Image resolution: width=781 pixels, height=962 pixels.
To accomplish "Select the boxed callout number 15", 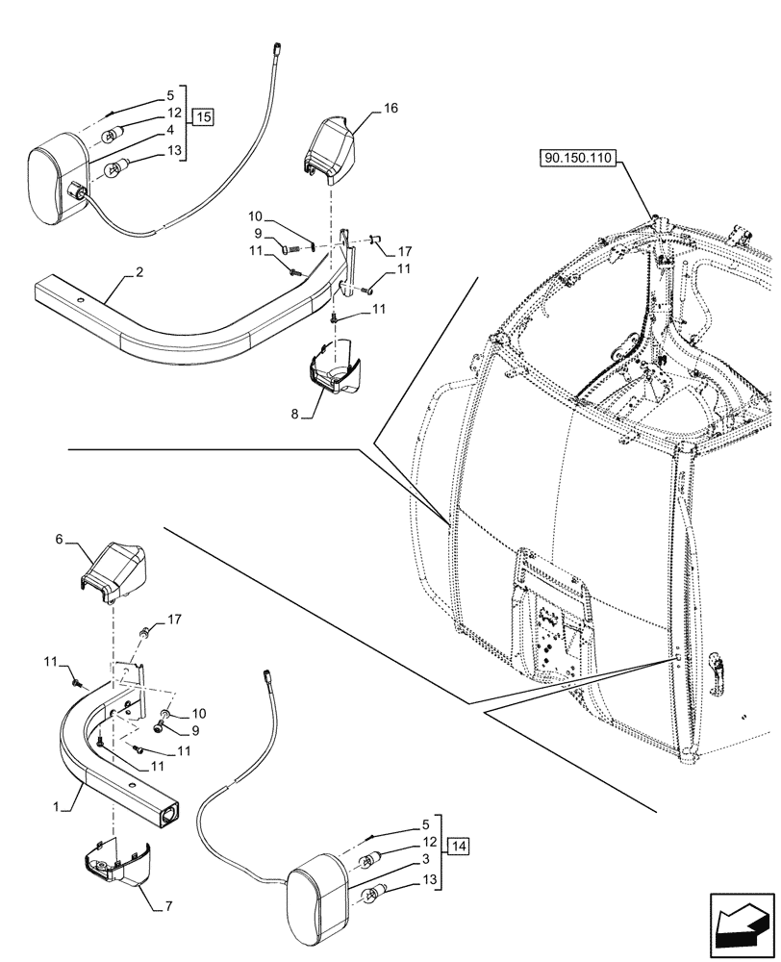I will click(x=202, y=117).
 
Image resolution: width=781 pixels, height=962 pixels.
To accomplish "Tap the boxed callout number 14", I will click(x=460, y=847).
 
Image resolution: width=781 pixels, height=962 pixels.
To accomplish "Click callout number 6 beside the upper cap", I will click(x=59, y=541).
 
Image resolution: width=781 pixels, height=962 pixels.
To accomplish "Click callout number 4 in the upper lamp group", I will click(x=168, y=129).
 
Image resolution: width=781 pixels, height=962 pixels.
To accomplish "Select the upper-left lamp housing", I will click(x=58, y=184).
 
